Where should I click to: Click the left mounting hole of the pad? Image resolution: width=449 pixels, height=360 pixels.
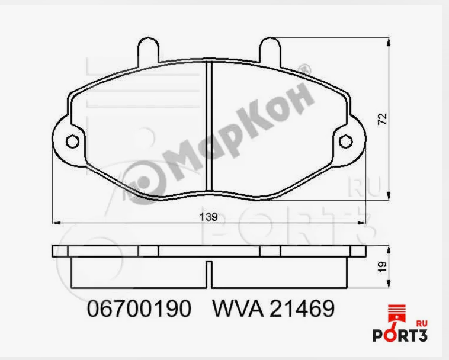pyautogui.click(x=72, y=142)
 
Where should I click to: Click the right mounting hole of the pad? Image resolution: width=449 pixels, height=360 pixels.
pyautogui.click(x=346, y=141)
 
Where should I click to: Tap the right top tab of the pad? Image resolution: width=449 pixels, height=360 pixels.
pyautogui.click(x=270, y=49)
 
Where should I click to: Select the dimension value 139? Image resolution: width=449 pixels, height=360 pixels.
pyautogui.click(x=209, y=217)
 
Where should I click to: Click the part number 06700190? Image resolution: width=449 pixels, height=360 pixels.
pyautogui.click(x=139, y=308)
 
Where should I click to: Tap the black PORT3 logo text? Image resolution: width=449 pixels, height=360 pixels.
pyautogui.click(x=399, y=335)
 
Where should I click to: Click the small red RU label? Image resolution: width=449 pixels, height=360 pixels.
pyautogui.click(x=422, y=323)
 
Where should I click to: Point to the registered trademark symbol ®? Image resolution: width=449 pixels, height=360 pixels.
pyautogui.click(x=306, y=70)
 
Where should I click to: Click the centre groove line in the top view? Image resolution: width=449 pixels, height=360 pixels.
pyautogui.click(x=209, y=124)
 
